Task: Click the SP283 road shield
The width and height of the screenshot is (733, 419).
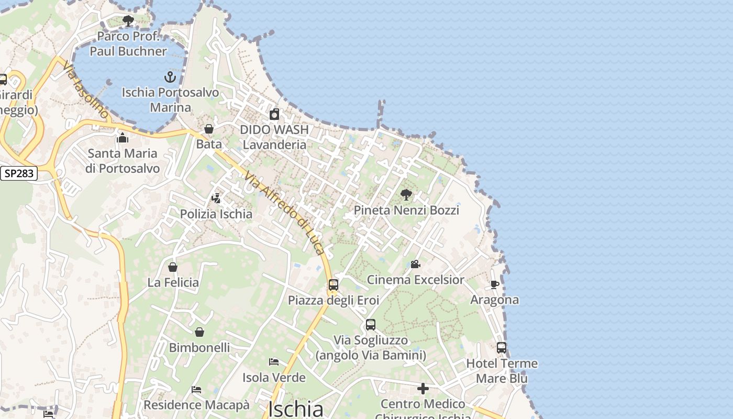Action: [19, 173]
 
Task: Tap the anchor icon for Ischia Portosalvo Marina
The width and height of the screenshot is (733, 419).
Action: [170, 78]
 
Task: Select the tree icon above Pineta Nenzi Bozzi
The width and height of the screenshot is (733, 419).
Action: [406, 195]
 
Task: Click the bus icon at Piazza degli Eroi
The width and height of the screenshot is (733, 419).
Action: [334, 285]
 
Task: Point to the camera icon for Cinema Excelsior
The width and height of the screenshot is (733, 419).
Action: [416, 264]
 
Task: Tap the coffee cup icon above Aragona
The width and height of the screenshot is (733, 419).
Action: [494, 284]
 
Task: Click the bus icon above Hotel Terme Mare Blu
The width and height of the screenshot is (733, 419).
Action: [502, 348]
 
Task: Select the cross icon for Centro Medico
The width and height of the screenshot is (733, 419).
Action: [423, 389]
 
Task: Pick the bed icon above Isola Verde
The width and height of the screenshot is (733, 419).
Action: [274, 362]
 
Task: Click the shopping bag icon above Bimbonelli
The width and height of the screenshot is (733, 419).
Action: [199, 332]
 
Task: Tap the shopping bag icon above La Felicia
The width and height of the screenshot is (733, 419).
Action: [173, 267]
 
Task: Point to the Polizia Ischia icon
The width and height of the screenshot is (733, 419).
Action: [216, 199]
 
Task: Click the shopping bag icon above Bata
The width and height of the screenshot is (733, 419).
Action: [209, 129]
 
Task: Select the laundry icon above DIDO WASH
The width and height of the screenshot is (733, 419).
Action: [274, 114]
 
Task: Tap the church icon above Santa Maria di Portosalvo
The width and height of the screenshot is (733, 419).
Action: [123, 138]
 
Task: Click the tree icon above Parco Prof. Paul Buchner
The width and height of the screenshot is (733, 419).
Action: [128, 21]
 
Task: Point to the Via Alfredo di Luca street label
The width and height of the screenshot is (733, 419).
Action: [283, 215]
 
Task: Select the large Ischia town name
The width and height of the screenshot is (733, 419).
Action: [296, 409]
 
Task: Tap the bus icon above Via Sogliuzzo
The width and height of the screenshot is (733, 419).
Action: [371, 325]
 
